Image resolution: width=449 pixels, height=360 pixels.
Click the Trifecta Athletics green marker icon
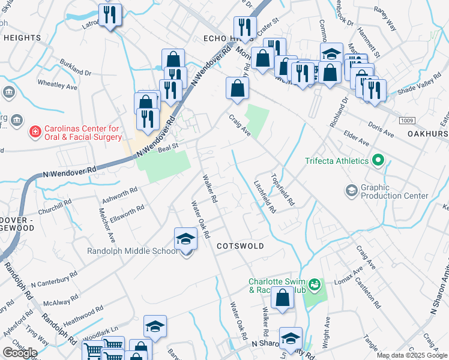pyautogui.click(x=378, y=161)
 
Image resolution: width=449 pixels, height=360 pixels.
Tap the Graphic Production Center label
pyautogui.click(x=394, y=191)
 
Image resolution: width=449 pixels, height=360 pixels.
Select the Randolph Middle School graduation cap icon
pyautogui.click(x=186, y=240)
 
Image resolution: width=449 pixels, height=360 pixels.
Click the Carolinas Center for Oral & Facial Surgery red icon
pyautogui.click(x=35, y=130)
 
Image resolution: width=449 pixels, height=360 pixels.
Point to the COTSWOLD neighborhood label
pyautogui.click(x=240, y=247)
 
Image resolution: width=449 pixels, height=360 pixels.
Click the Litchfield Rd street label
pyautogui.click(x=265, y=197)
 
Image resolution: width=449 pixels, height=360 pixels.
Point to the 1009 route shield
pyautogui.click(x=406, y=121)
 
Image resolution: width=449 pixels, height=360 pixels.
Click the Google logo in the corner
pyautogui.click(x=20, y=352)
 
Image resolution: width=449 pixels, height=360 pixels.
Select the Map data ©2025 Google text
pyautogui.click(x=412, y=355)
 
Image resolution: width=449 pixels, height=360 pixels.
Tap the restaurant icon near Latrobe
pyautogui.click(x=110, y=15)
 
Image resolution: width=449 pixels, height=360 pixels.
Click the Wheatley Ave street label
pyautogui.click(x=58, y=85)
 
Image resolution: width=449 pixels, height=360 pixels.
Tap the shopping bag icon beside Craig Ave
pyautogui.click(x=237, y=88)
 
